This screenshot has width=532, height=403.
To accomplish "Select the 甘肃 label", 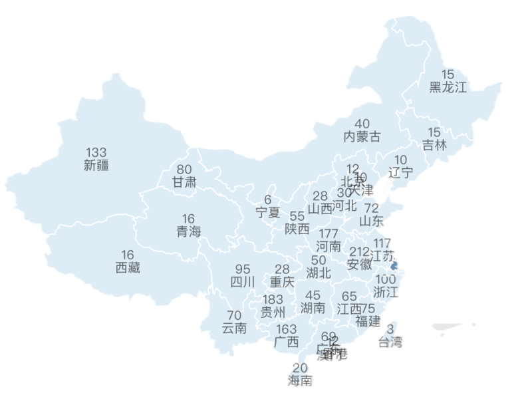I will (x=184, y=182).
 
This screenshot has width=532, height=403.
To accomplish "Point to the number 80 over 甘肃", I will (x=184, y=169).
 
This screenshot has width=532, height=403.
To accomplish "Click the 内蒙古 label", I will (x=362, y=137).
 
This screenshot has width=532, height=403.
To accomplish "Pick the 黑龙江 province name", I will (x=448, y=87).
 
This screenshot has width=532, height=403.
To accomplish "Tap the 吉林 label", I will (x=435, y=145).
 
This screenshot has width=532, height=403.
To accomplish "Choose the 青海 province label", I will (x=188, y=231).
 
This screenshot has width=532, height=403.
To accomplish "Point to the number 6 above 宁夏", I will (x=268, y=200).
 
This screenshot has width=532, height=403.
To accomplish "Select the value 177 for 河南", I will (x=328, y=233).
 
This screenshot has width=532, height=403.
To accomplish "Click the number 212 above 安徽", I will (x=359, y=251).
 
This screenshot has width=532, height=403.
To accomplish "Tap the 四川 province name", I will (x=243, y=282).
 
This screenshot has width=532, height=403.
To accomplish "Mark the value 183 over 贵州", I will (x=273, y=299).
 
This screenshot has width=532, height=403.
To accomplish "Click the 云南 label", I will (x=234, y=328).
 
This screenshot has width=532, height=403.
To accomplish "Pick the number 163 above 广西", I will (x=286, y=329).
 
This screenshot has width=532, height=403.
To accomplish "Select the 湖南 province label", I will (x=313, y=308).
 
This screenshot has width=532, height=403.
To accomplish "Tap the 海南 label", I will (x=300, y=381).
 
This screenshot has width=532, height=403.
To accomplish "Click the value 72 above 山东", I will (x=372, y=208).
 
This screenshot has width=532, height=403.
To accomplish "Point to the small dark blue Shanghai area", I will (x=396, y=265).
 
